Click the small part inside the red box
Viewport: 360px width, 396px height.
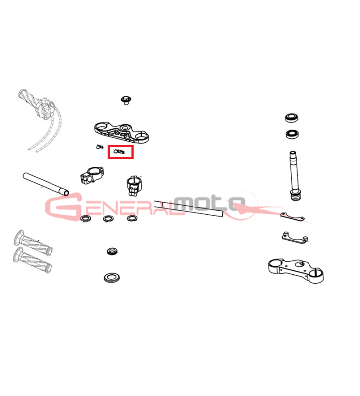tap(119, 152)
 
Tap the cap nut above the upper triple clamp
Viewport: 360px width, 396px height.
tap(126, 100)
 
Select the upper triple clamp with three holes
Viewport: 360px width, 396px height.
tap(121, 132)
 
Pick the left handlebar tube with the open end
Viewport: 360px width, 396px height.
tap(46, 184)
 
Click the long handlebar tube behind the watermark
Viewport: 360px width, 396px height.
tap(189, 208)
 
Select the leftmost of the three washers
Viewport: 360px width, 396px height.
tap(86, 218)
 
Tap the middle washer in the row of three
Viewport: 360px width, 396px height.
tap(108, 218)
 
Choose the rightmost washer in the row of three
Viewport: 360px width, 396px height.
tap(132, 218)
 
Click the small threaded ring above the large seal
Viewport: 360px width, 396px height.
tap(112, 251)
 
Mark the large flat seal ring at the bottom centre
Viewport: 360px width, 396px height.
tap(112, 278)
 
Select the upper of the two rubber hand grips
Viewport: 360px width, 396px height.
tap(33, 242)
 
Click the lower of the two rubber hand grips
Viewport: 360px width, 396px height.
tap(33, 260)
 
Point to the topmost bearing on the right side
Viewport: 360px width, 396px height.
tap(292, 118)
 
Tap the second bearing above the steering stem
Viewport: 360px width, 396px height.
tap(293, 134)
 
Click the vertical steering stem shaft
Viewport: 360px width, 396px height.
tap(294, 176)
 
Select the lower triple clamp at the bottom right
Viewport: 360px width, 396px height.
tap(296, 271)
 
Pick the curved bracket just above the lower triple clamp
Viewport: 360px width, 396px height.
tap(295, 238)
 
